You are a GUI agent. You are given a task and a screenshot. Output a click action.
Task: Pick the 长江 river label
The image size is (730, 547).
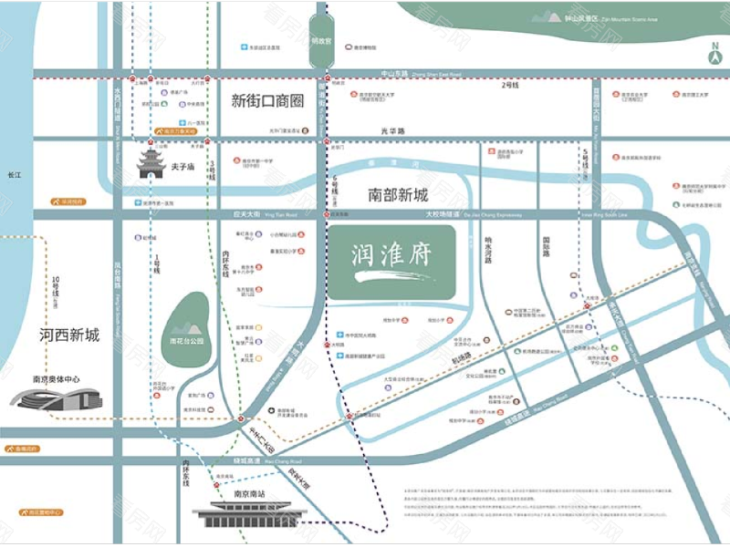[13, 173]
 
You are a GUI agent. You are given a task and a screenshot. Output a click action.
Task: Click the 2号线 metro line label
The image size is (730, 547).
[509, 85]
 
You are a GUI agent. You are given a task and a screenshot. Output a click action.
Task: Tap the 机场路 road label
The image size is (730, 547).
[460, 356]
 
